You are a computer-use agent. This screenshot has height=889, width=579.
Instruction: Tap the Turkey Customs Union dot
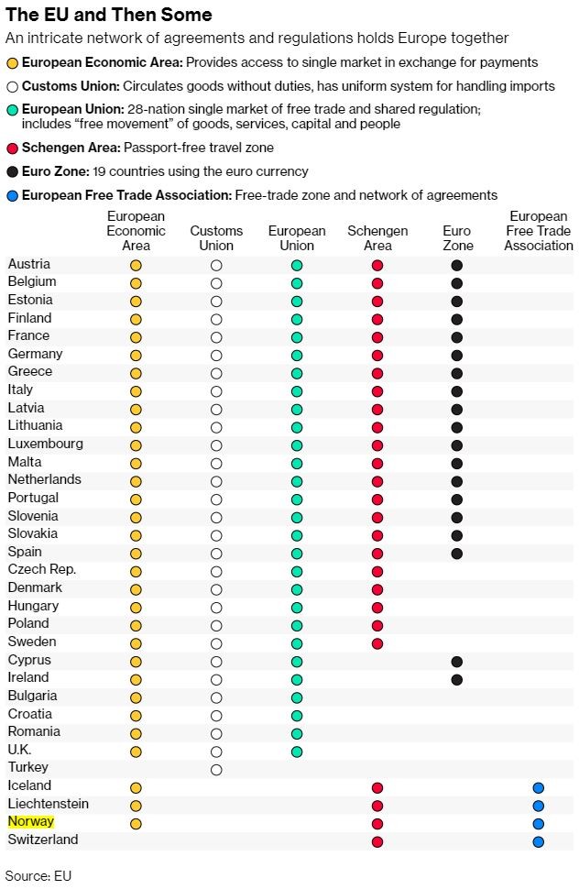click(x=216, y=770)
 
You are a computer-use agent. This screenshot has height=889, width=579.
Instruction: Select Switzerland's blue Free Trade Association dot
click(x=538, y=841)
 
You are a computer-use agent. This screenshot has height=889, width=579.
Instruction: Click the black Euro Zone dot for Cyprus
click(x=457, y=662)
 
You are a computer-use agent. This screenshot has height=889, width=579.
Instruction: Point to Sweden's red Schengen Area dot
click(x=377, y=643)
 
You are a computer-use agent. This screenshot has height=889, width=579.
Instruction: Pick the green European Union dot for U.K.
click(x=297, y=752)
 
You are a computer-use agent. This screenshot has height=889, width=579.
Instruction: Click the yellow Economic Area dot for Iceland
click(x=136, y=787)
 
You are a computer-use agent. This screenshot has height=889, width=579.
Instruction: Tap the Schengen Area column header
click(x=377, y=238)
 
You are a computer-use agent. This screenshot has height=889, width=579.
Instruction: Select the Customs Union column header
click(x=216, y=238)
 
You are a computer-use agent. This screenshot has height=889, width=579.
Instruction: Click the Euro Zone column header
click(x=457, y=238)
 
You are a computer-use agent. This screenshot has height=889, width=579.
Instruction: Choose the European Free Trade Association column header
click(x=538, y=231)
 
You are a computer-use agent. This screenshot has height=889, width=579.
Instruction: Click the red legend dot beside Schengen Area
click(x=12, y=148)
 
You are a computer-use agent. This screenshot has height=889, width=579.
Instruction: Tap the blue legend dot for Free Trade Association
click(x=12, y=195)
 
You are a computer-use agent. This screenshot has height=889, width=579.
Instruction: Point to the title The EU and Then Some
click(x=109, y=15)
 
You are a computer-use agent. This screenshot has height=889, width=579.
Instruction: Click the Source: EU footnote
click(x=38, y=875)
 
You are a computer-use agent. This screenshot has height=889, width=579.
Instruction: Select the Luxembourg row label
click(x=45, y=444)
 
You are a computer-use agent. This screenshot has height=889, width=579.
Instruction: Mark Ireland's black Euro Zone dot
click(x=457, y=680)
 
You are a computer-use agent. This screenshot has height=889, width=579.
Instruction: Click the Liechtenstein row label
click(x=49, y=805)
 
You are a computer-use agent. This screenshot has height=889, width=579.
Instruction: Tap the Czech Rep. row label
click(x=41, y=570)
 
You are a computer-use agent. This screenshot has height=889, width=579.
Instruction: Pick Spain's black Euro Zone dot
click(x=457, y=554)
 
